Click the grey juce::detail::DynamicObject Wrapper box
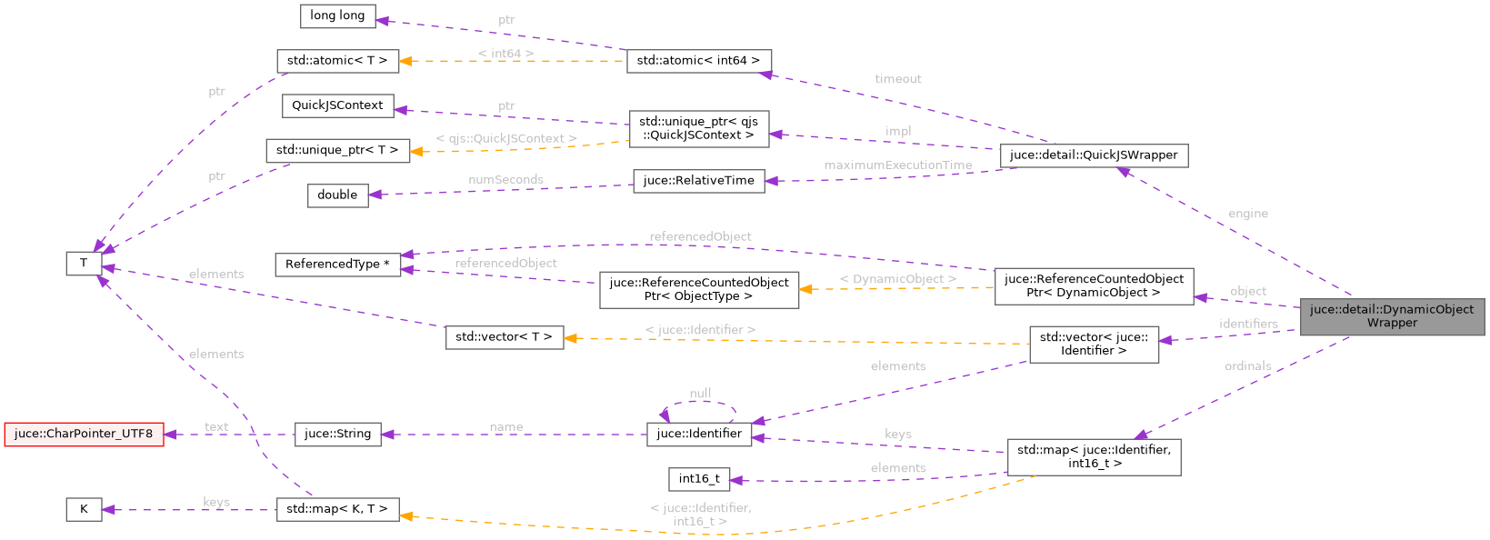pyautogui.click(x=1391, y=316)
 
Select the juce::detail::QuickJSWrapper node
pyautogui.click(x=1093, y=155)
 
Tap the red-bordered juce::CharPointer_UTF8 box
pyautogui.click(x=84, y=434)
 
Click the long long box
pyautogui.click(x=337, y=15)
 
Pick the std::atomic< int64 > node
pyautogui.click(x=698, y=61)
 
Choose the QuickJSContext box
pyautogui.click(x=337, y=105)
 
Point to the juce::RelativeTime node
pyautogui.click(x=698, y=181)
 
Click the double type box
pyautogui.click(x=337, y=195)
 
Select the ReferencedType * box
pyautogui.click(x=337, y=265)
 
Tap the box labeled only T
pyautogui.click(x=84, y=264)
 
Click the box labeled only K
pyautogui.click(x=84, y=509)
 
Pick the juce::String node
pyautogui.click(x=337, y=434)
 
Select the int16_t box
pyautogui.click(x=698, y=479)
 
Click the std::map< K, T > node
pyautogui.click(x=337, y=509)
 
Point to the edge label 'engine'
pyautogui.click(x=1247, y=214)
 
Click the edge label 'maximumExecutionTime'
pyautogui.click(x=897, y=165)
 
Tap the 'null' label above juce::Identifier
pyautogui.click(x=700, y=394)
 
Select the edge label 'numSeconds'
pyautogui.click(x=505, y=180)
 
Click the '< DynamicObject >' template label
pyautogui.click(x=897, y=279)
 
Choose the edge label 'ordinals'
pyautogui.click(x=1247, y=365)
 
